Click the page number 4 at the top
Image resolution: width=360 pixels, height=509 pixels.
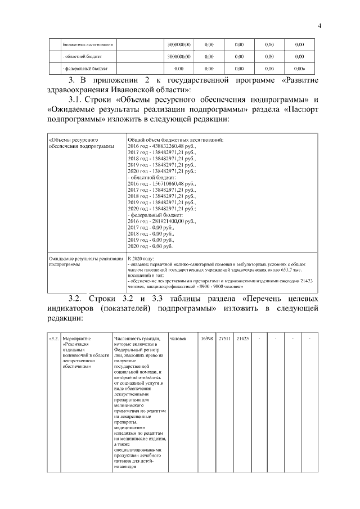(319, 25)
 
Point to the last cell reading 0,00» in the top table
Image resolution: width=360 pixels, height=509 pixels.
(300, 69)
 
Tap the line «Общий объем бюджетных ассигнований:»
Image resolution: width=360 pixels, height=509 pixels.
(176, 138)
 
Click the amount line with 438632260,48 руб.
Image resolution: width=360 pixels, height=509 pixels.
(162, 146)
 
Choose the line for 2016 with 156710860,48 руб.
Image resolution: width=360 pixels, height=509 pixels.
(162, 184)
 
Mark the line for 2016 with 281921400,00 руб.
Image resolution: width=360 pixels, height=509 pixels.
(162, 222)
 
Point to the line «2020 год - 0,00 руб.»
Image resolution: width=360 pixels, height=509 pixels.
(151, 246)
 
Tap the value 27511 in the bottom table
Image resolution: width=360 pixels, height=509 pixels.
(225, 339)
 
